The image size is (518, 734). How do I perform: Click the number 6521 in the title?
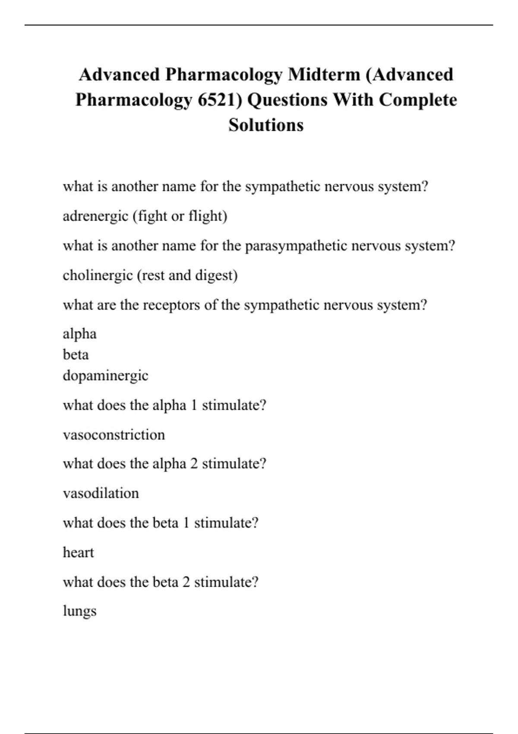219,100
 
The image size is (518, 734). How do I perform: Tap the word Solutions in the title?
266,125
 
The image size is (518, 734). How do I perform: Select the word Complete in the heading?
418,100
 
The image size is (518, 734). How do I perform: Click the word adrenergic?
95,216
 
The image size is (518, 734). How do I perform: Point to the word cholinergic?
98,275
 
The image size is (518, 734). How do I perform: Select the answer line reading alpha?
79,334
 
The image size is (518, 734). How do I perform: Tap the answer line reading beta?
76,354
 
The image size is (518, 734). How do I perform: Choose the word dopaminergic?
105,375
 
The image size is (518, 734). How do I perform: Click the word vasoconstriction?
114,434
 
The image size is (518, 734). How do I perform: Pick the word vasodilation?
101,493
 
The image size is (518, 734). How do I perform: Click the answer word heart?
78,552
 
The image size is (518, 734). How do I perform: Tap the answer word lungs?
79,611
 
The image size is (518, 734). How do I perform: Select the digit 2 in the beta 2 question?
186,582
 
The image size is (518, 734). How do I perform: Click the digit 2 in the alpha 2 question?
194,464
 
